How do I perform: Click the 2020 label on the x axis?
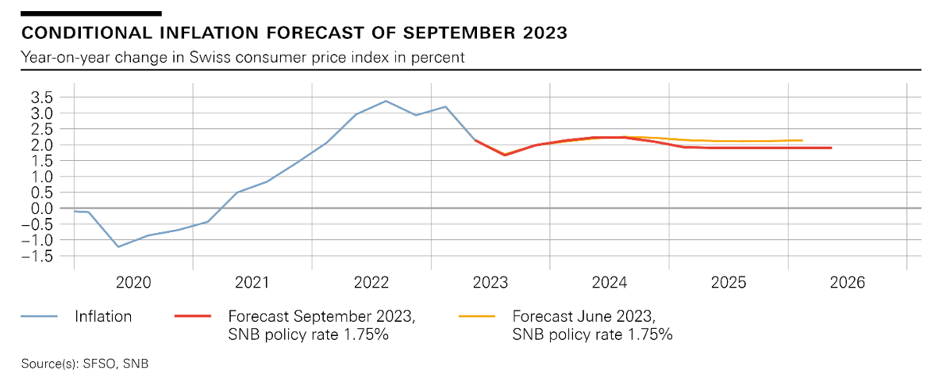coord(133,282)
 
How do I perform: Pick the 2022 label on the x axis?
coord(371,282)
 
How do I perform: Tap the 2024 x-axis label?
coord(610,282)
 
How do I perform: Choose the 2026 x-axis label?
coord(847,282)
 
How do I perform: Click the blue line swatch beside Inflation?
coord(40,316)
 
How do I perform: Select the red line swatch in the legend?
coord(192,316)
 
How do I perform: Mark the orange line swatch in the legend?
coord(477,316)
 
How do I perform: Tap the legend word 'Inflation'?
coord(103,316)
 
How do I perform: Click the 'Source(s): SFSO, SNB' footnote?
coord(85,364)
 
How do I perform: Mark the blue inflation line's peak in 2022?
coord(386,101)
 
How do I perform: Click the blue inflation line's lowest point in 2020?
coord(118,246)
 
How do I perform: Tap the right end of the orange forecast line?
coord(802,140)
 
